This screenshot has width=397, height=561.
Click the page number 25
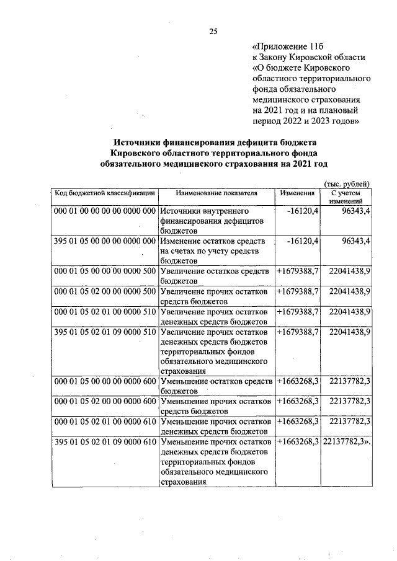213,32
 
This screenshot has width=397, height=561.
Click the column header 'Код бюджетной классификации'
104,193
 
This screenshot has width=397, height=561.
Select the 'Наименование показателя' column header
216,193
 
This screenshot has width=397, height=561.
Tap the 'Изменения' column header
297,193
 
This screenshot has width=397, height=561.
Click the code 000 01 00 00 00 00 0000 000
104,211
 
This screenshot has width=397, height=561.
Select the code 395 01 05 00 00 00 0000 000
104,241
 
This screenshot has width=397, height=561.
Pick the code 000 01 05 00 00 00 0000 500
104,272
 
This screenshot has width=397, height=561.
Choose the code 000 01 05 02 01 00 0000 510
104,311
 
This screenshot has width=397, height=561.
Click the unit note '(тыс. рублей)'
347,183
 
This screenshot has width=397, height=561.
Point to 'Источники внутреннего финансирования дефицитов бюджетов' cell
216,220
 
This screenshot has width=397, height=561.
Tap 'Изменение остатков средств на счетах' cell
216,250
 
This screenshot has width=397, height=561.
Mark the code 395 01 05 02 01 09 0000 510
104,332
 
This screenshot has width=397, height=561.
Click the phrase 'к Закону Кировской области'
308,58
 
